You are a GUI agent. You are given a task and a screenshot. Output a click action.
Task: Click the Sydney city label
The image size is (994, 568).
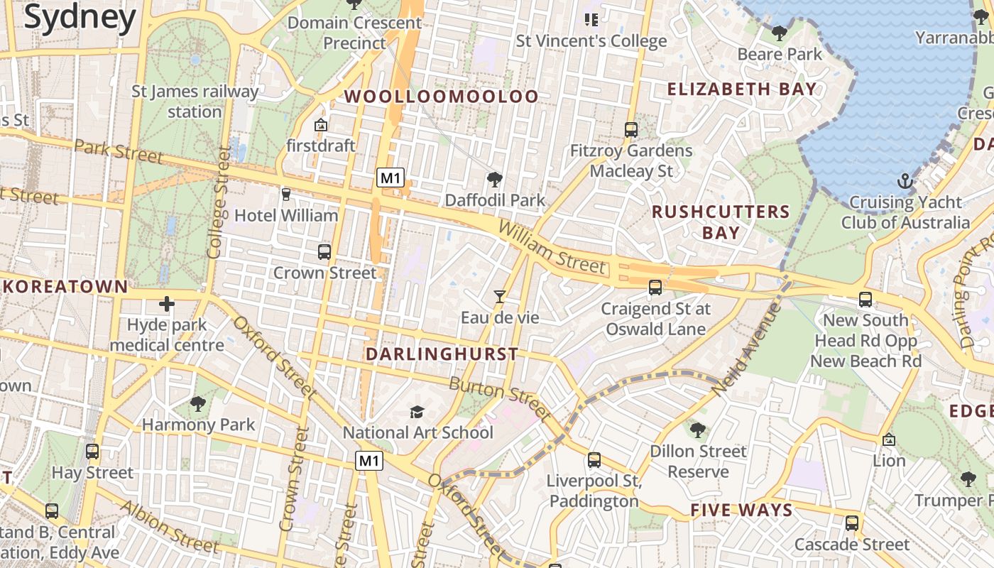pyautogui.click(x=80, y=17)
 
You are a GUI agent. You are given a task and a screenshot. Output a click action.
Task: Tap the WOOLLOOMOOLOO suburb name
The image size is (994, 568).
pyautogui.click(x=442, y=97)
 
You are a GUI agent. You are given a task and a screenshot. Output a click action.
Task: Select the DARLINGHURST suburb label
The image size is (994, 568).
pyautogui.click(x=442, y=354)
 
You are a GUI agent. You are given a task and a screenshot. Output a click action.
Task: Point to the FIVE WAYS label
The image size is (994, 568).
pyautogui.click(x=741, y=510)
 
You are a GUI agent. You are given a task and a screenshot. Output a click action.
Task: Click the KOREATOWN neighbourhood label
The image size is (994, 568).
pyautogui.click(x=66, y=287)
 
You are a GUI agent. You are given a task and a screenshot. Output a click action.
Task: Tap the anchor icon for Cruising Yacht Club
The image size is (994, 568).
pyautogui.click(x=905, y=181)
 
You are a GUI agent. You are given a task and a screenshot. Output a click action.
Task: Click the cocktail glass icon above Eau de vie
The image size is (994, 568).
pyautogui.click(x=500, y=297)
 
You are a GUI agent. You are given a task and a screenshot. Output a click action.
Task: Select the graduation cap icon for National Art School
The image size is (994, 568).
pyautogui.click(x=417, y=412)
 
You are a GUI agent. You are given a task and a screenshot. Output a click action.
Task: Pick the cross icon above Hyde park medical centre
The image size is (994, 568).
pyautogui.click(x=167, y=305)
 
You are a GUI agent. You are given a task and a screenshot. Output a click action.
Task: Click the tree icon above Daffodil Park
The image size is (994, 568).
pyautogui.click(x=494, y=180)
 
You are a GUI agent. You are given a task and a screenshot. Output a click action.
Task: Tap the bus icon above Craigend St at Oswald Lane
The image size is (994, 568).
pyautogui.click(x=655, y=288)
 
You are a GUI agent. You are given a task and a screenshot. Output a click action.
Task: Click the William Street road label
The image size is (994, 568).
pyautogui.click(x=552, y=247)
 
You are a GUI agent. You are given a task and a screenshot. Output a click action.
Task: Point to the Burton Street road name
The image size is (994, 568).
pyautogui.click(x=500, y=398)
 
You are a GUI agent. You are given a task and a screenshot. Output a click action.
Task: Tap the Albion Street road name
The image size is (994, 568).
pyautogui.click(x=169, y=527)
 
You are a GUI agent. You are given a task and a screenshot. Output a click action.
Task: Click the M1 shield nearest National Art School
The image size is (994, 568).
pyautogui.click(x=369, y=461)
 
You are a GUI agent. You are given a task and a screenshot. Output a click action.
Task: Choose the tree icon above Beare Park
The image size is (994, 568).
pyautogui.click(x=779, y=33)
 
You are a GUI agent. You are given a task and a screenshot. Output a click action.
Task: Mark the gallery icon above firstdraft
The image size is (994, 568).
pyautogui.click(x=321, y=125)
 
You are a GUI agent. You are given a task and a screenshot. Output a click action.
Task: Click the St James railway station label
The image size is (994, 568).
pyautogui.click(x=195, y=102)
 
